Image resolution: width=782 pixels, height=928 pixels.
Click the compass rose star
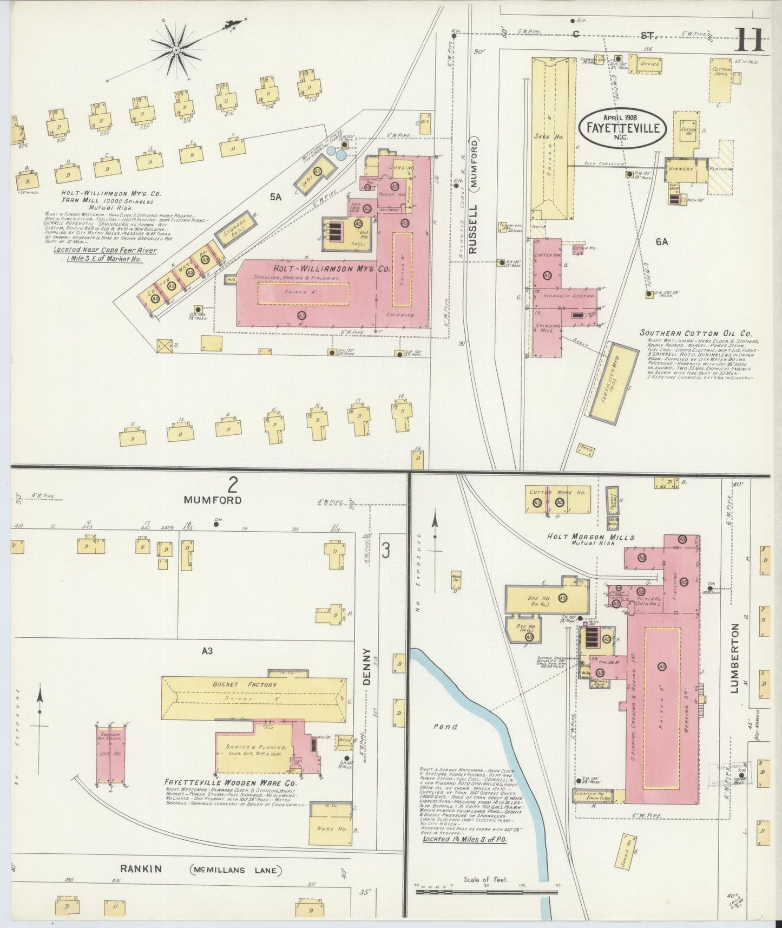click(176, 49)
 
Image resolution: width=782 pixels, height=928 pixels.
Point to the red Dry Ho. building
click(111, 754)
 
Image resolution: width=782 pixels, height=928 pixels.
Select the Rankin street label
click(140, 869)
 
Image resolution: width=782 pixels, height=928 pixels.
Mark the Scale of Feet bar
click(487, 891)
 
